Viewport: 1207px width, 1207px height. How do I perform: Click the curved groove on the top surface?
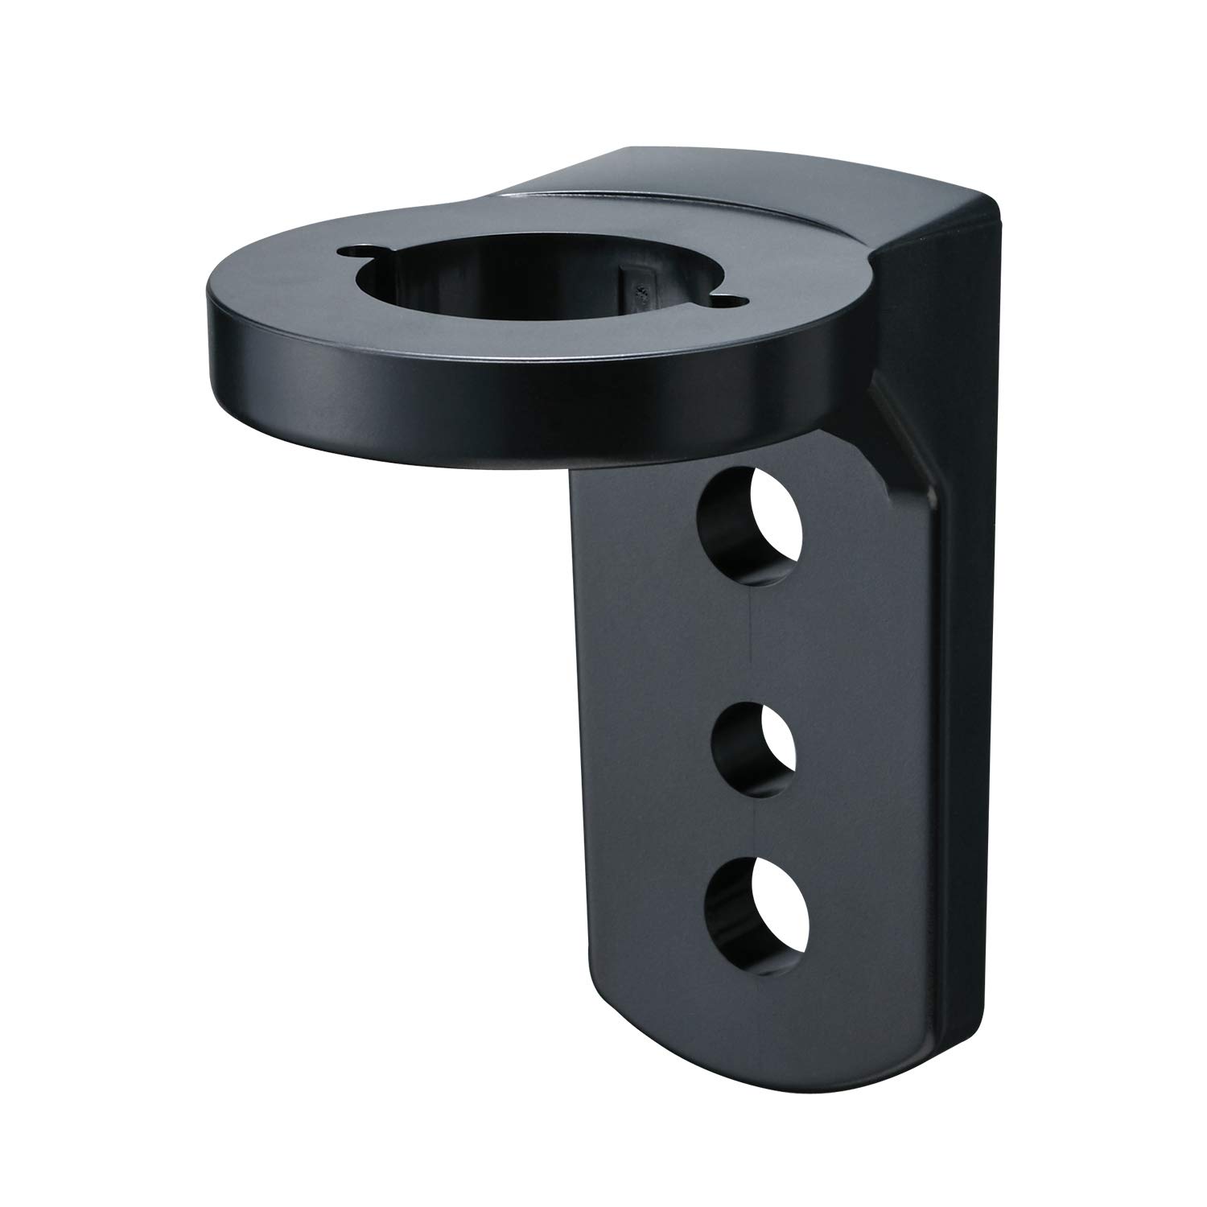pos(724,213)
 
